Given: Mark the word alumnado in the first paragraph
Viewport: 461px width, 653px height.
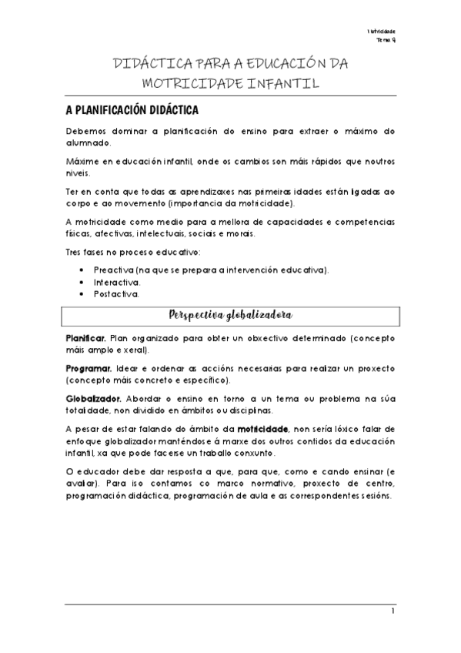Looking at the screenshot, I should point(88,143).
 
